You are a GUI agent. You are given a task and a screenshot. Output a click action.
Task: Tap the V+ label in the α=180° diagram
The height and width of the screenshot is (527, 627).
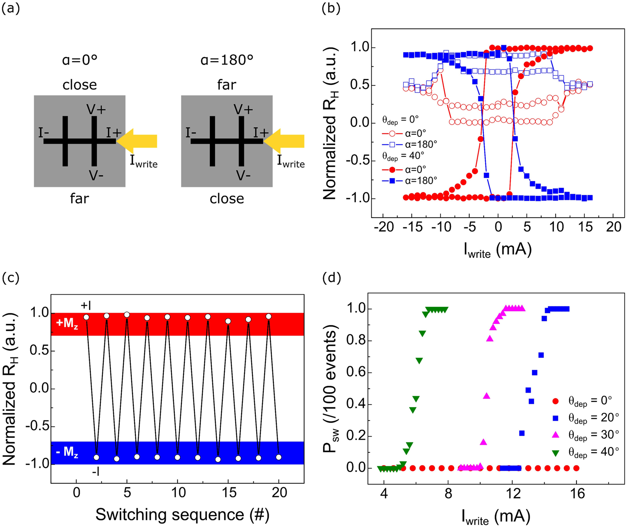click(x=244, y=110)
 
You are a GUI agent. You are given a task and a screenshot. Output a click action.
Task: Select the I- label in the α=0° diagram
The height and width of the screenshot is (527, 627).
click(x=43, y=133)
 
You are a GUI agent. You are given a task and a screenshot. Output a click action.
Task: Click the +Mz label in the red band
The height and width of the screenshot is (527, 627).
click(x=67, y=324)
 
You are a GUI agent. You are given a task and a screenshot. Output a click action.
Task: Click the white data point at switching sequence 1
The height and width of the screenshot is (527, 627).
click(x=87, y=317)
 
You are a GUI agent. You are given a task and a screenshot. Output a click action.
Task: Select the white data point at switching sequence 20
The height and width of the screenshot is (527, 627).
click(x=279, y=457)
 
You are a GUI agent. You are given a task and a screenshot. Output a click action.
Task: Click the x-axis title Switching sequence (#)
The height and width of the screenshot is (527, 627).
click(x=182, y=515)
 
